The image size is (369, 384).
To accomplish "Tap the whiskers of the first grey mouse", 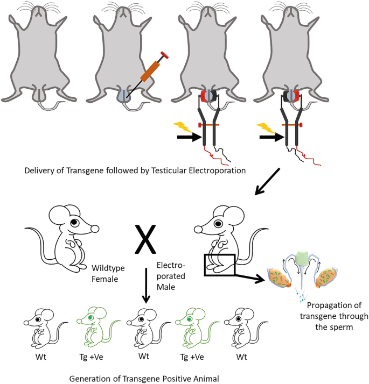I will pyautogui.click(x=33, y=8).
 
